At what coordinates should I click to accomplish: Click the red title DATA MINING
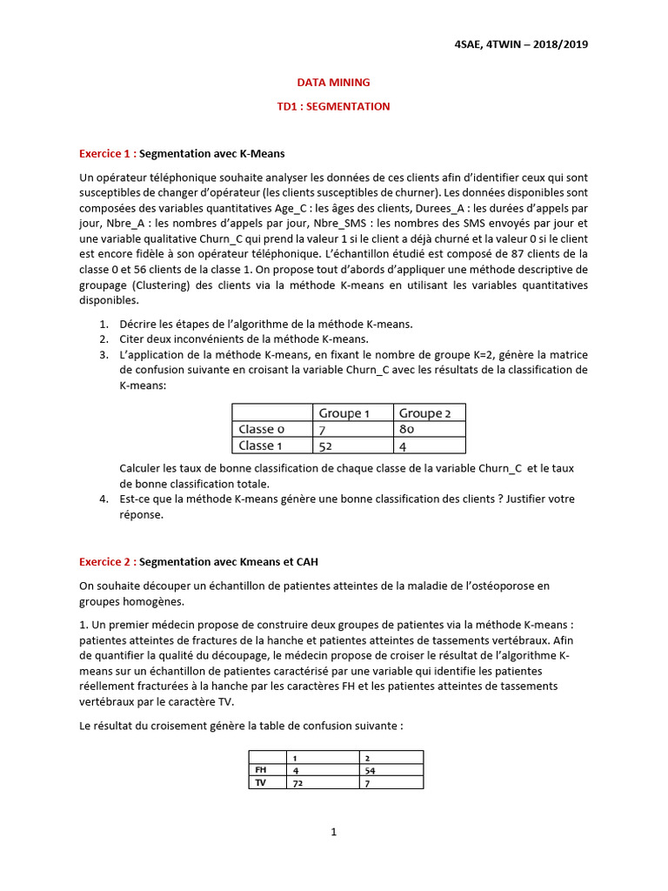tap(333, 83)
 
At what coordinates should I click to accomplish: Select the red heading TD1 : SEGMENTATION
tap(333, 106)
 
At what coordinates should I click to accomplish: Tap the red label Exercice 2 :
tap(107, 562)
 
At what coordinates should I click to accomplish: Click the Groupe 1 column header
tap(344, 413)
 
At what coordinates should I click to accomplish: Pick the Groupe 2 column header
tap(425, 413)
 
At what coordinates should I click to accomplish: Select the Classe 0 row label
tap(261, 429)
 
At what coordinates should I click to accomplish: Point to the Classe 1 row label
tap(261, 445)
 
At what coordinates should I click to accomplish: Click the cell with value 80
tap(407, 429)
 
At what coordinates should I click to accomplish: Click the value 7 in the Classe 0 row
tap(323, 429)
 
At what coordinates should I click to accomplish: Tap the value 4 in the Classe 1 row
tap(403, 445)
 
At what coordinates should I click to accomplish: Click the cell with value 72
tap(300, 782)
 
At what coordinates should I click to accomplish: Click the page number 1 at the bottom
tap(333, 832)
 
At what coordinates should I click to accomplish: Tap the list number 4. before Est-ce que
tap(103, 499)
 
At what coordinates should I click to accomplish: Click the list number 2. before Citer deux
tap(103, 339)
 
